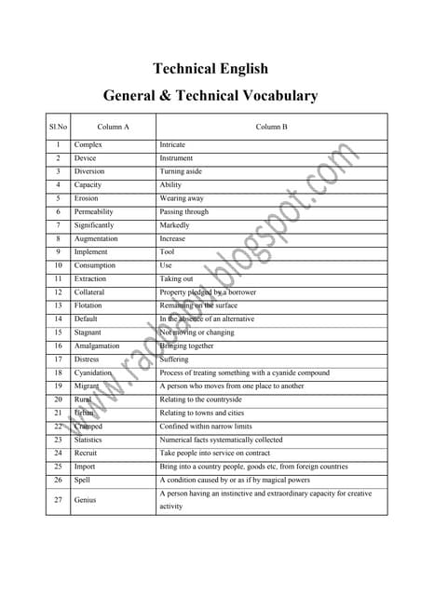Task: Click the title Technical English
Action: pos(210,68)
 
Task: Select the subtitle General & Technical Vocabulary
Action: pos(210,95)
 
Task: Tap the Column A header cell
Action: pos(113,126)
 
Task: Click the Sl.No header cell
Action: pos(58,126)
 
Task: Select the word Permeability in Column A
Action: pos(94,211)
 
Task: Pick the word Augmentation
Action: pos(96,238)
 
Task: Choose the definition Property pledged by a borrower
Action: pos(208,291)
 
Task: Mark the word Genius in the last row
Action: pos(86,499)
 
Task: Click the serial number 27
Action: pos(58,499)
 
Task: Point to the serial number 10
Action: pos(58,264)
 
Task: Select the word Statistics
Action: pos(88,439)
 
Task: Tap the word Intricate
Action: pos(172,145)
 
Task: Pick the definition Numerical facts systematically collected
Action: pos(221,439)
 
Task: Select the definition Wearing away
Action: pos(182,198)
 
